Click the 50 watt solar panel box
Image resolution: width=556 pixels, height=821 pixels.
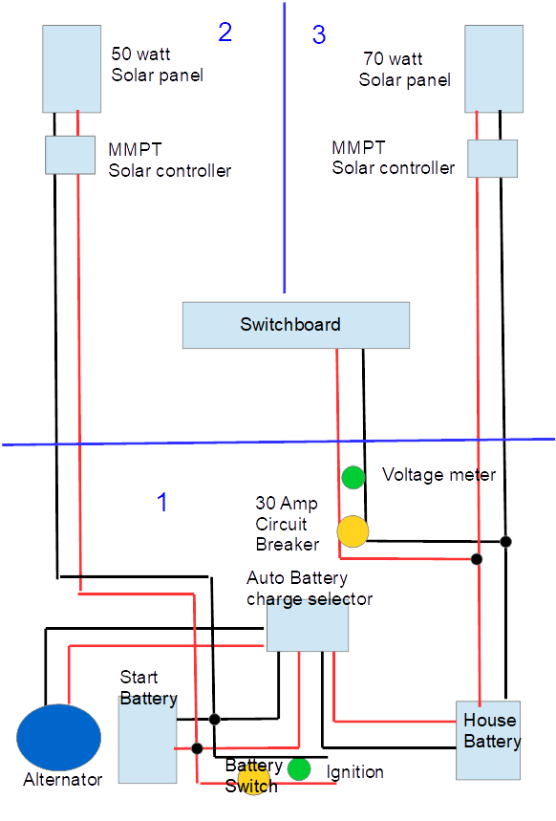coord(72,69)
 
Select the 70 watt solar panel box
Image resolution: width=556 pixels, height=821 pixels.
coord(494,69)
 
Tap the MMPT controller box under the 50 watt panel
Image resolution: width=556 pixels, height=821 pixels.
coord(70,155)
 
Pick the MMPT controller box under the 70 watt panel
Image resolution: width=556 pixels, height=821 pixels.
coord(492,158)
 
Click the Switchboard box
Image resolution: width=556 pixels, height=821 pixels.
coord(296,325)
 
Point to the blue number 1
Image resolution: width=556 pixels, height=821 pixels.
coord(162,502)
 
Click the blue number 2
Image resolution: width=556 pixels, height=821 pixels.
coord(225,32)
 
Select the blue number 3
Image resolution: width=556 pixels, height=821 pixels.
coord(319,34)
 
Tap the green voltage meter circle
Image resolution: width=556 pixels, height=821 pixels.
coord(353,478)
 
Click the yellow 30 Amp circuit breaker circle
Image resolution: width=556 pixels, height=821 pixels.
coord(353,531)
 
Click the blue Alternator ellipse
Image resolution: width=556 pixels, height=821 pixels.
coord(58,737)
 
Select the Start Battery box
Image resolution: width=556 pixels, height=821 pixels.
coord(148,740)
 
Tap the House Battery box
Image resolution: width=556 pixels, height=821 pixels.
coord(488,741)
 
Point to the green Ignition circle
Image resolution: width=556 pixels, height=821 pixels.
coord(299,769)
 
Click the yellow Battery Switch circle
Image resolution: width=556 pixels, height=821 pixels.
coord(254,779)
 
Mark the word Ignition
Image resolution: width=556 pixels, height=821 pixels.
coord(355,772)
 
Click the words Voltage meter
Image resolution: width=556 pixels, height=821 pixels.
coord(438,474)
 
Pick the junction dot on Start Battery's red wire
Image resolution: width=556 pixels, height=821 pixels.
coord(197,748)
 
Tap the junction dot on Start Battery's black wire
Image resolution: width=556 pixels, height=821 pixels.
coord(214,720)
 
